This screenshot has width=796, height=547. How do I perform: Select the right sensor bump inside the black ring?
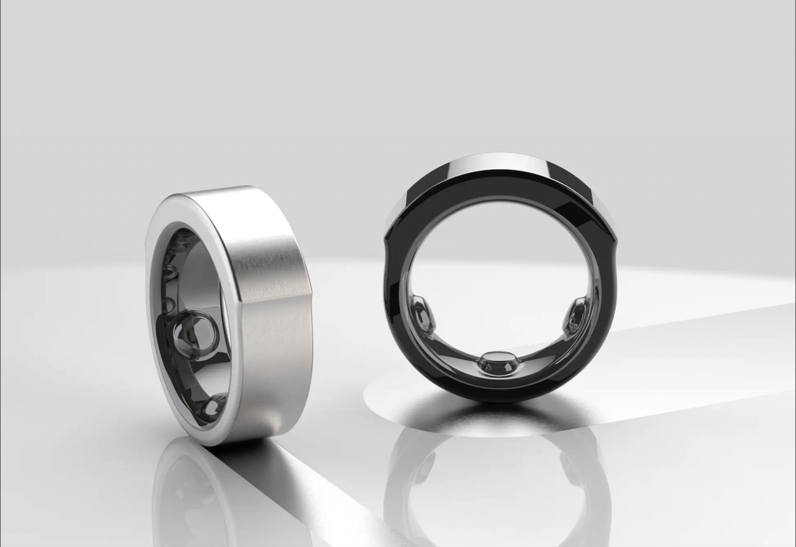[x=577, y=315]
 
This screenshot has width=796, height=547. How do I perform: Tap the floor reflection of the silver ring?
[x=189, y=496]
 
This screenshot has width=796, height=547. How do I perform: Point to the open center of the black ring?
[x=499, y=274]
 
